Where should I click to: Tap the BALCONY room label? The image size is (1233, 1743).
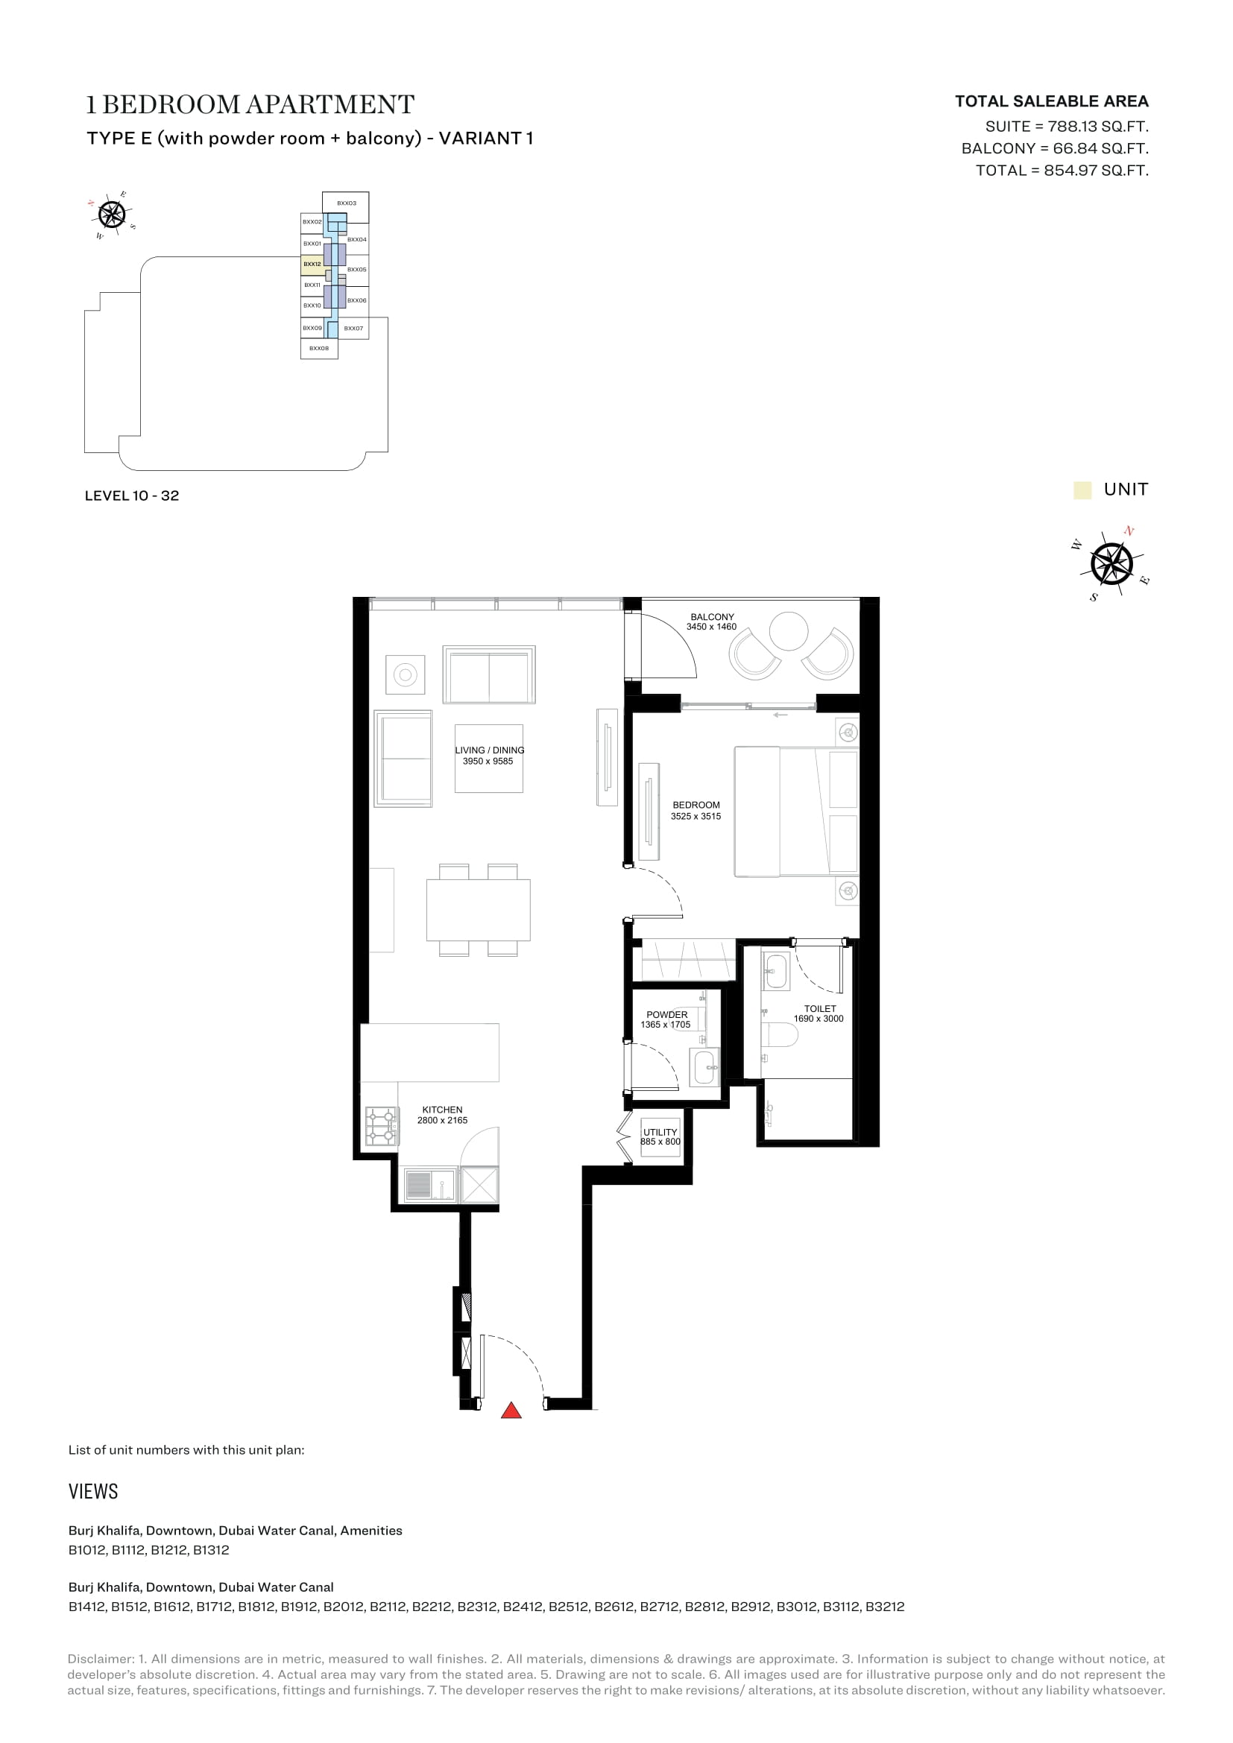(712, 617)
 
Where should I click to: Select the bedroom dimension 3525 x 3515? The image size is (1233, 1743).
(696, 816)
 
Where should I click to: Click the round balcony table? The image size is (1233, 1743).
(789, 632)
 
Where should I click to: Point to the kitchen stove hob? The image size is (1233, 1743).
(381, 1126)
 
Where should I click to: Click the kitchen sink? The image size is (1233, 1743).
(430, 1185)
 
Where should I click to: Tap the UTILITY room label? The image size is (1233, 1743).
(660, 1132)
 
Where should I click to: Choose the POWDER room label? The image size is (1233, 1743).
(666, 1014)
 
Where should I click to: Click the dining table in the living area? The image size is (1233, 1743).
(479, 910)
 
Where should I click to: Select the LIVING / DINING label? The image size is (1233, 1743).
(490, 750)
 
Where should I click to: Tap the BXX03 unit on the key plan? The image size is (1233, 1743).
(345, 203)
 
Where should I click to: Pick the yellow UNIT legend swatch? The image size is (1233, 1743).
(1082, 490)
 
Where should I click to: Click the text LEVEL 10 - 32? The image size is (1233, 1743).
(132, 496)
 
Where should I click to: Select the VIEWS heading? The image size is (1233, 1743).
(93, 1491)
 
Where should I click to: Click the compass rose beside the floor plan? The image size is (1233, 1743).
(1111, 564)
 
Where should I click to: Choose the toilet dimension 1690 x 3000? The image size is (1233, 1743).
(819, 1019)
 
